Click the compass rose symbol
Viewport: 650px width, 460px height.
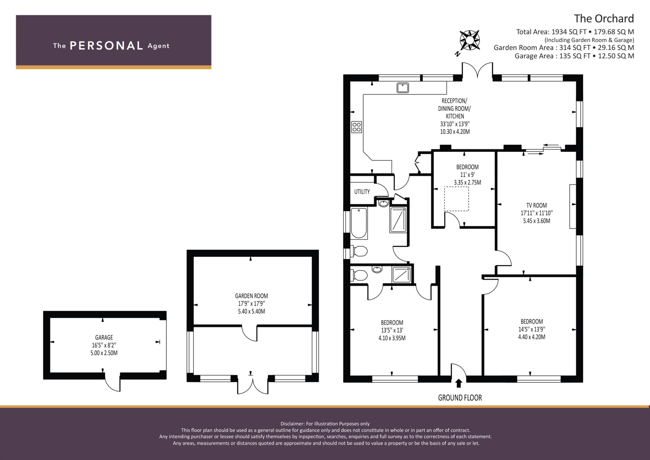tap(470, 40)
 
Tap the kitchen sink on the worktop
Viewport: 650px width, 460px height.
tap(402, 88)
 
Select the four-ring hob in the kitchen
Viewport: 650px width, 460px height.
tap(356, 127)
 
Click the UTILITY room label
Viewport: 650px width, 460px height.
tap(362, 192)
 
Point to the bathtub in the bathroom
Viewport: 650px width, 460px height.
tap(359, 223)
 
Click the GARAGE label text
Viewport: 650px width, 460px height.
tap(104, 337)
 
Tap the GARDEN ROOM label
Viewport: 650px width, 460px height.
tap(251, 296)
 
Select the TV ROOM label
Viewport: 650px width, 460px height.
tap(536, 205)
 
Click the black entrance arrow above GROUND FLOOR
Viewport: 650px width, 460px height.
tap(458, 383)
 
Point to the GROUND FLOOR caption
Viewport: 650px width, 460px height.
tap(460, 398)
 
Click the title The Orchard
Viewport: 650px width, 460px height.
tap(604, 18)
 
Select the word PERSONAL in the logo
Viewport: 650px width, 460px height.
tap(106, 46)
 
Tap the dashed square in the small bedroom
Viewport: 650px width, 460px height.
tap(456, 199)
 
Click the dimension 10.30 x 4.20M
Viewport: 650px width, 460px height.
tap(455, 132)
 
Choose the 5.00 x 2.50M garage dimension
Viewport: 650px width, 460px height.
tap(104, 353)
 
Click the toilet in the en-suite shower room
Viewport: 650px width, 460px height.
tap(359, 275)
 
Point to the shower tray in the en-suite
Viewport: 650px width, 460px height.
tap(401, 274)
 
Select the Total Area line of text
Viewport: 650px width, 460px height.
tap(575, 32)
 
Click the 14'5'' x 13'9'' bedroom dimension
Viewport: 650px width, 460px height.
tap(532, 329)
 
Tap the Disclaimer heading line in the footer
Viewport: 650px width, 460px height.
tap(325, 423)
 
